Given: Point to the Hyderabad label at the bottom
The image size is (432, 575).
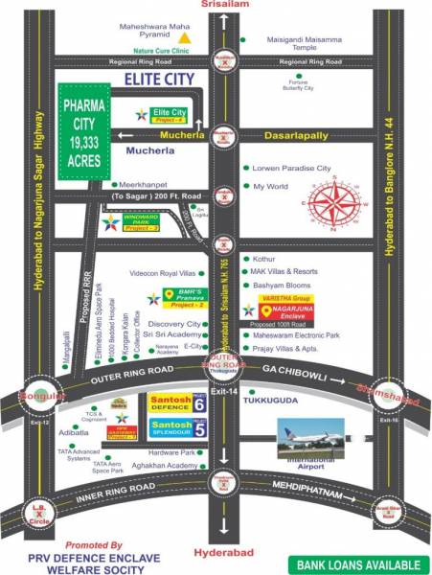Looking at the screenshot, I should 220,555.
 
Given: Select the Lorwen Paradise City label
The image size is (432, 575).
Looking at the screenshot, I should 290,167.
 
